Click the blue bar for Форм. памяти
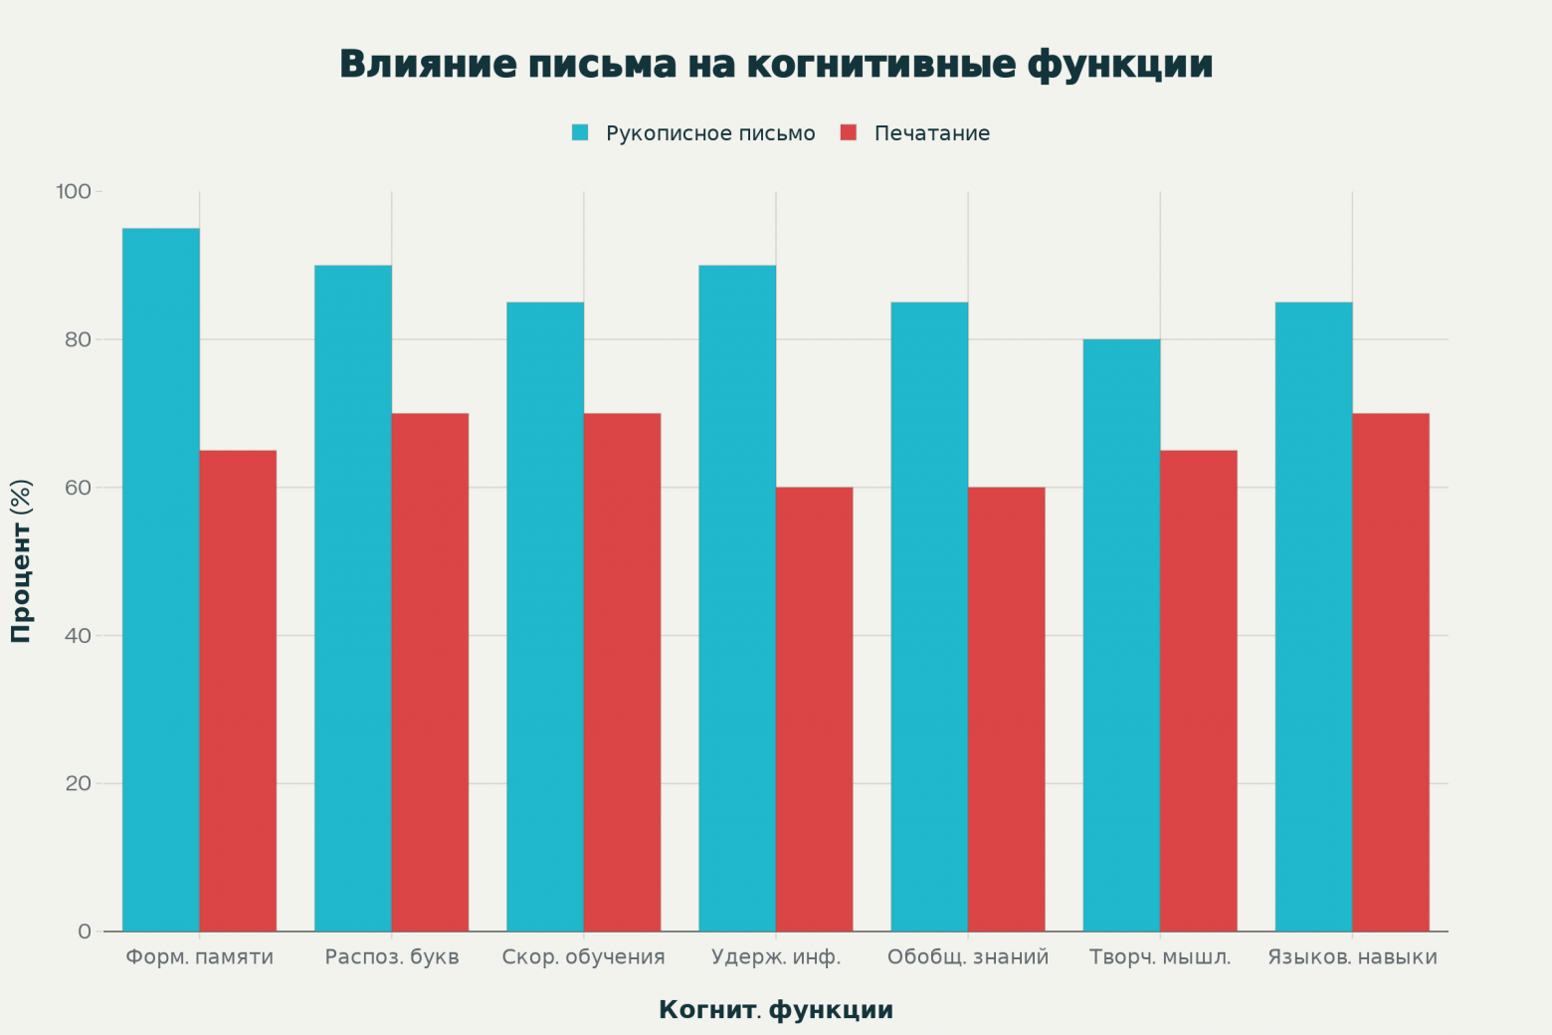coord(160,579)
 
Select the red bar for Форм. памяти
coord(238,691)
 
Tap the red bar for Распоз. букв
coord(430,672)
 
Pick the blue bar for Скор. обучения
coord(545,616)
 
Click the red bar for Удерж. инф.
coord(814,709)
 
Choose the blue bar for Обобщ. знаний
coord(929,616)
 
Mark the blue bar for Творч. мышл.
coord(1121,635)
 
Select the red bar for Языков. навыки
coord(1391,672)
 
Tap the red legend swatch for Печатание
coord(849,133)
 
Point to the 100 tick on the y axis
coord(74,191)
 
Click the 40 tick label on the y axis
coord(78,636)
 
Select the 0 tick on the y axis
coord(84,931)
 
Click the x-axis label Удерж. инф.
coord(776,957)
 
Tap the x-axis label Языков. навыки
coord(1352,957)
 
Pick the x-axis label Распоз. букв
coord(392,957)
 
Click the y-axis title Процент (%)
coord(21,561)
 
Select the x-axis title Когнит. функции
coord(776,1010)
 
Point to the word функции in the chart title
coord(1120,64)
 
